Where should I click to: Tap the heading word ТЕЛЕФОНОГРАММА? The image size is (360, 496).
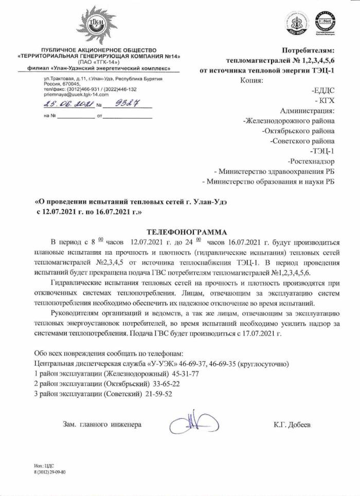coord(183,232)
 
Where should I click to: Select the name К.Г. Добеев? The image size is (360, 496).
coord(293,425)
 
